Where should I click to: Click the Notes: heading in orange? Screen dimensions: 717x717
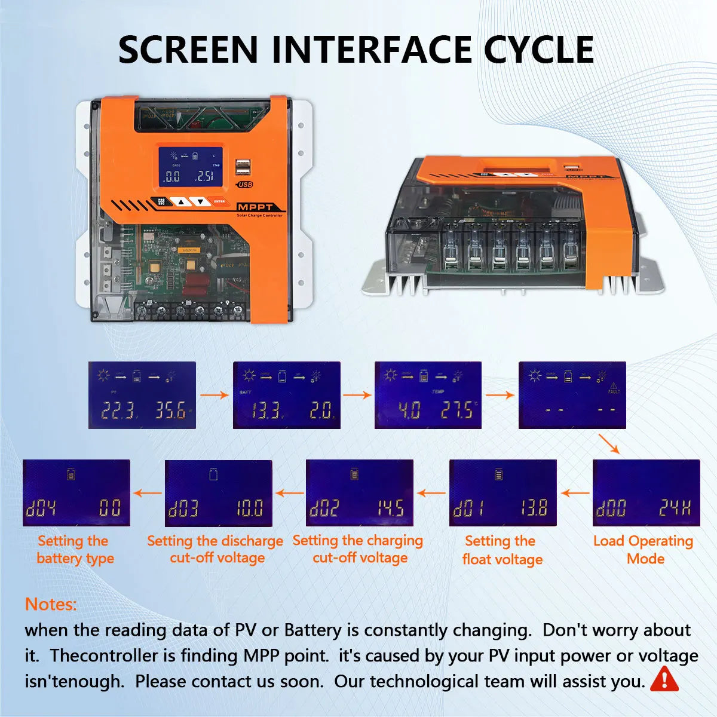51,604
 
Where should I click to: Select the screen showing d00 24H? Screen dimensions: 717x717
646,493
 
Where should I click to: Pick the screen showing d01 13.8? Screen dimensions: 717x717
502,493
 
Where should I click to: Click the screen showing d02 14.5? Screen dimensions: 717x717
359,493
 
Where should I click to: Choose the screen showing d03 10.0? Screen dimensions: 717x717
218,493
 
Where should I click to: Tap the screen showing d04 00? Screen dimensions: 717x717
76,493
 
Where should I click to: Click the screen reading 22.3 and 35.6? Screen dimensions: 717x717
142,395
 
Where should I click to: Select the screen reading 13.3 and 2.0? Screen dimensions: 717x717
286,395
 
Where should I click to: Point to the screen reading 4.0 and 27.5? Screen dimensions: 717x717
428,395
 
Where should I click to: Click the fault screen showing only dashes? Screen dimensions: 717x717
572,395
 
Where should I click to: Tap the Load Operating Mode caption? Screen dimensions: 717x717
644,550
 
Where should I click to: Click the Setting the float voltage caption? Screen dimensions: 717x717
501,550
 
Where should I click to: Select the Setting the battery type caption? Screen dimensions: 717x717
75,550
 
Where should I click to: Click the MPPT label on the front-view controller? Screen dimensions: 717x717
255,207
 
